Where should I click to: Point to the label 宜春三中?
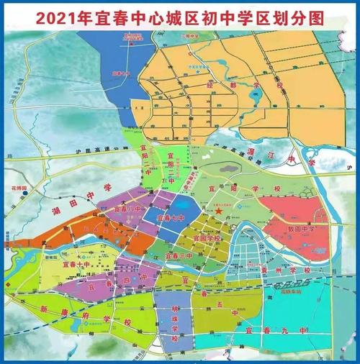[177, 255]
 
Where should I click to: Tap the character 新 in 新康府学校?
[43, 309]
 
